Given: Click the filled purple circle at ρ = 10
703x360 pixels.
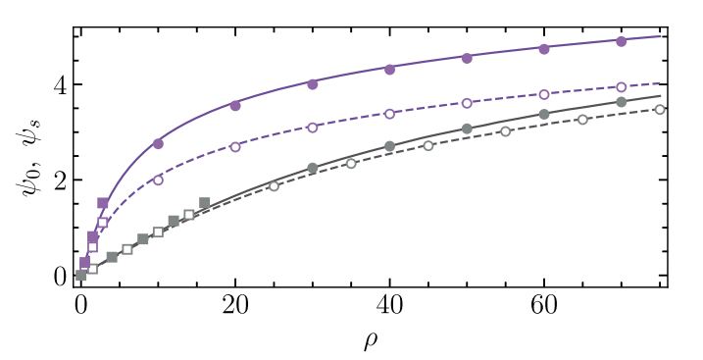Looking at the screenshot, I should coord(158,143).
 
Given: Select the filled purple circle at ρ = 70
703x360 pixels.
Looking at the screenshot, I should coord(621,41).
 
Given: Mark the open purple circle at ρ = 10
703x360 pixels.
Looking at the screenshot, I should coord(158,180).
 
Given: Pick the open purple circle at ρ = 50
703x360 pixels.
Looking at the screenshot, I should coord(467,103).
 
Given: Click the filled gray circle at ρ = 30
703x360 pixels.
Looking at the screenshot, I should coord(313,168).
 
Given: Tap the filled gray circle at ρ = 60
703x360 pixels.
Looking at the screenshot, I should coord(544,115).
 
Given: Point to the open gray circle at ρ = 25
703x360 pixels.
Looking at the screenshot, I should coord(274,186).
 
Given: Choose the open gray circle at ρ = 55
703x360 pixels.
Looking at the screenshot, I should coord(505,131).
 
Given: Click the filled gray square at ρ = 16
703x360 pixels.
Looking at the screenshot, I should coord(204,203).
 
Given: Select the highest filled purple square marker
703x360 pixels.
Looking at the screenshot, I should coord(103,203).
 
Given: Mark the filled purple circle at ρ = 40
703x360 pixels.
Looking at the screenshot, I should coord(389,69).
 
